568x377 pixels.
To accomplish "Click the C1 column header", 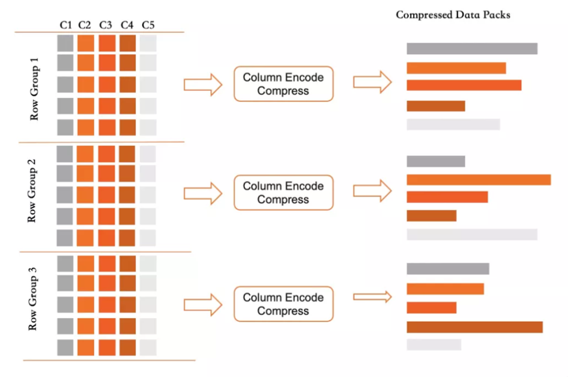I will tap(65, 25).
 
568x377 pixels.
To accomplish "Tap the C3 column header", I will tap(106, 25).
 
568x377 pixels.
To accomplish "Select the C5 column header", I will tap(148, 25).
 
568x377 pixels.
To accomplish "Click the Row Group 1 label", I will tap(34, 89).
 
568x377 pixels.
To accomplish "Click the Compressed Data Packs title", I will tap(453, 14).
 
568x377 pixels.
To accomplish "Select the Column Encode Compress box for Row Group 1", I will tap(283, 84).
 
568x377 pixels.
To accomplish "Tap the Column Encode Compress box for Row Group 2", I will tap(283, 192).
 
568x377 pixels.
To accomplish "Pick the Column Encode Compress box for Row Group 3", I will tap(283, 304).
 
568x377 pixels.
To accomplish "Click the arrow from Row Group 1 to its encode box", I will tap(203, 84).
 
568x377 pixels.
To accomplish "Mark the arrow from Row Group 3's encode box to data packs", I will tap(372, 296).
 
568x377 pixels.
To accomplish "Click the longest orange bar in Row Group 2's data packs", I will tap(479, 179).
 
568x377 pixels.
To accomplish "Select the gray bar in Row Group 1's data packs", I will tap(471, 49).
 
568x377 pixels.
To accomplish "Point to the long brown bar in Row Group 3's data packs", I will tap(474, 327).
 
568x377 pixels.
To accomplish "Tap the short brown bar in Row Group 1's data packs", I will tap(435, 106).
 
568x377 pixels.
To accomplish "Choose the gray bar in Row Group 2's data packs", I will tap(435, 161).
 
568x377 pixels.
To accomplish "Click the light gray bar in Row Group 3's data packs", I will tap(434, 345).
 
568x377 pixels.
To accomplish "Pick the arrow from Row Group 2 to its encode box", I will tap(203, 193).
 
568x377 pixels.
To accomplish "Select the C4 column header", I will tap(127, 25).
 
